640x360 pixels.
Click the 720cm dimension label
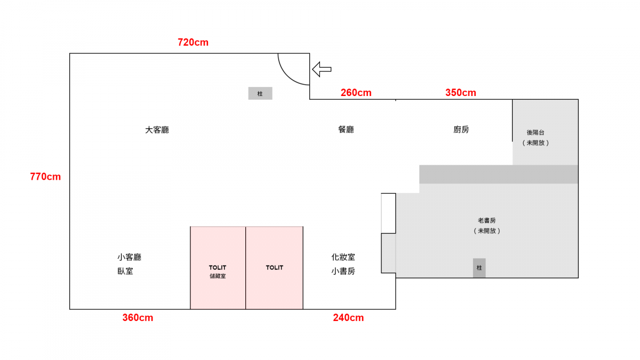(193, 42)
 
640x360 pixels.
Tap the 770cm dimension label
(45, 177)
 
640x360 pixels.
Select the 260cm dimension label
(356, 93)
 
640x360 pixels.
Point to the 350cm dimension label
(461, 93)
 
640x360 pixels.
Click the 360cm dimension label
(138, 317)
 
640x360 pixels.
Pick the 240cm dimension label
(348, 317)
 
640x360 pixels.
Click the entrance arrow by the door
(322, 69)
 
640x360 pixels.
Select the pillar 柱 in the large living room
(260, 93)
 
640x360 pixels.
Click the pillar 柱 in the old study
(479, 268)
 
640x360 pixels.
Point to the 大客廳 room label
(157, 130)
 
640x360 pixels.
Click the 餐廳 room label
(346, 130)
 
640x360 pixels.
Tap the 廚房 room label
(461, 130)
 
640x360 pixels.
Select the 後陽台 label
(535, 132)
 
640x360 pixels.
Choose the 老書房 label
(487, 220)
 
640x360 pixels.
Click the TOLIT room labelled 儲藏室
(218, 268)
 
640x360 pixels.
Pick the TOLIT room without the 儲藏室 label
(274, 268)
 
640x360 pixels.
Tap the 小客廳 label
(130, 257)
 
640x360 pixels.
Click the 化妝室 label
(343, 257)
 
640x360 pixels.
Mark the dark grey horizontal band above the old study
(499, 174)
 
